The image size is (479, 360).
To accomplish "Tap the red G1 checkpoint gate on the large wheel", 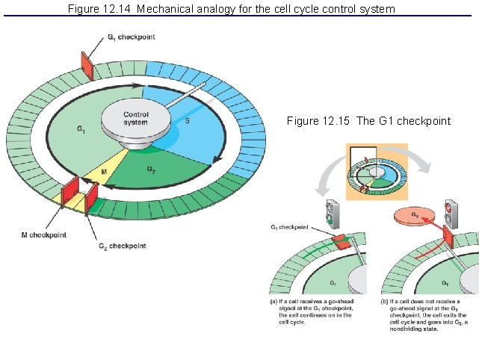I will tap(87, 66).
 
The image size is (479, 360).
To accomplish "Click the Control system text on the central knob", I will tap(136, 119).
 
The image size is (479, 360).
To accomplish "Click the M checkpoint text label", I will tap(43, 235).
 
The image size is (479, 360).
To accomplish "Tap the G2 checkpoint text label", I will tap(122, 246).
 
